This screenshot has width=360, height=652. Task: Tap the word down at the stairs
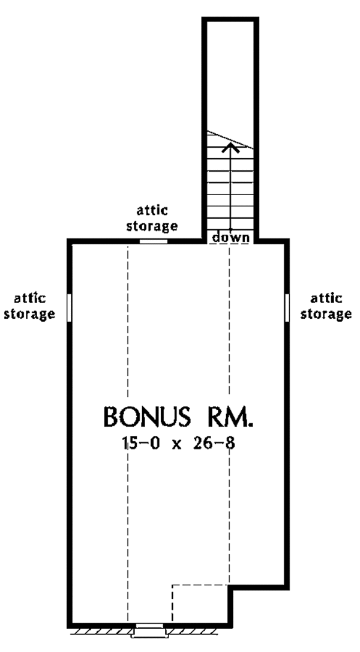[x=231, y=237]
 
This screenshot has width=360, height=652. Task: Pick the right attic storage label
[x=326, y=306]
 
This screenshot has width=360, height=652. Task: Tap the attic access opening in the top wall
[x=153, y=241]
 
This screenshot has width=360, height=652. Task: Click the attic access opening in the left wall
[x=70, y=307]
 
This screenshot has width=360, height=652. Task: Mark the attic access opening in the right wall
[x=287, y=307]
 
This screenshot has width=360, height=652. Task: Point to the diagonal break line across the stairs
[x=230, y=139]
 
